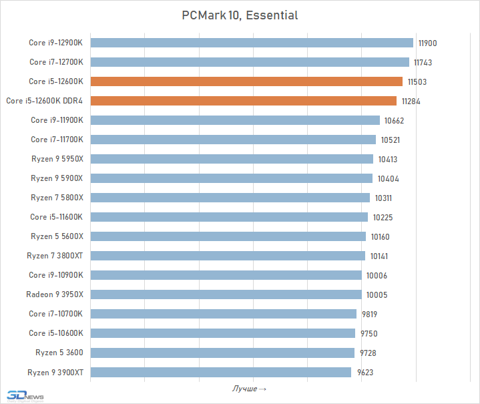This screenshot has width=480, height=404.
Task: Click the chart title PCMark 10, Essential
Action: [x=240, y=15]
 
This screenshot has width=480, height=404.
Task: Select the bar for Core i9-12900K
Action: [x=252, y=43]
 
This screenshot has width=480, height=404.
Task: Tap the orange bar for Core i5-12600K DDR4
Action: [x=243, y=101]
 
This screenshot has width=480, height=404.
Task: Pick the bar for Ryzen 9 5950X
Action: [x=232, y=159]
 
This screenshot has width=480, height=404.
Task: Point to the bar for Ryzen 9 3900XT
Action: [x=220, y=372]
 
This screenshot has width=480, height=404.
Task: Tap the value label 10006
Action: [x=377, y=275]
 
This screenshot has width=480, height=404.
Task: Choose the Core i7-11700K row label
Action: [x=57, y=140]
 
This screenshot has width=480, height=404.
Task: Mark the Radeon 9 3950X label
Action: [x=55, y=294]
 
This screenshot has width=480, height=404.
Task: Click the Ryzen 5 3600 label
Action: [x=59, y=353]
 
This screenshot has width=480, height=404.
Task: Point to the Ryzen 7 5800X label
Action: [x=57, y=198]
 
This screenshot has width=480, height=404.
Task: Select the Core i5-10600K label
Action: [x=56, y=333]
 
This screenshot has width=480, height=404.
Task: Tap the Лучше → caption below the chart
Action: [x=250, y=389]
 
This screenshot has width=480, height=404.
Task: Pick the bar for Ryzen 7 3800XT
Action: [x=228, y=256]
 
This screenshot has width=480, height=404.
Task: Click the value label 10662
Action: [x=394, y=120]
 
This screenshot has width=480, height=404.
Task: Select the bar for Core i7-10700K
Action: [x=223, y=314]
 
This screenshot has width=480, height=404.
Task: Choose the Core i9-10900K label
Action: [x=56, y=275]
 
